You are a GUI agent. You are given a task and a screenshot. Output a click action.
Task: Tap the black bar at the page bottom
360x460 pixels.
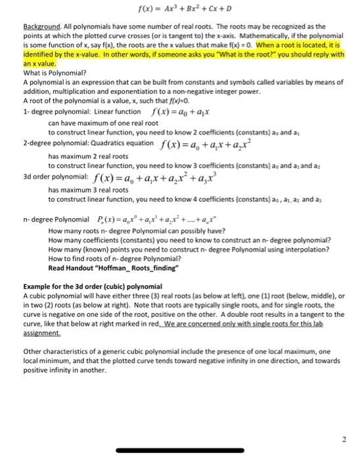pos(179,451)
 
